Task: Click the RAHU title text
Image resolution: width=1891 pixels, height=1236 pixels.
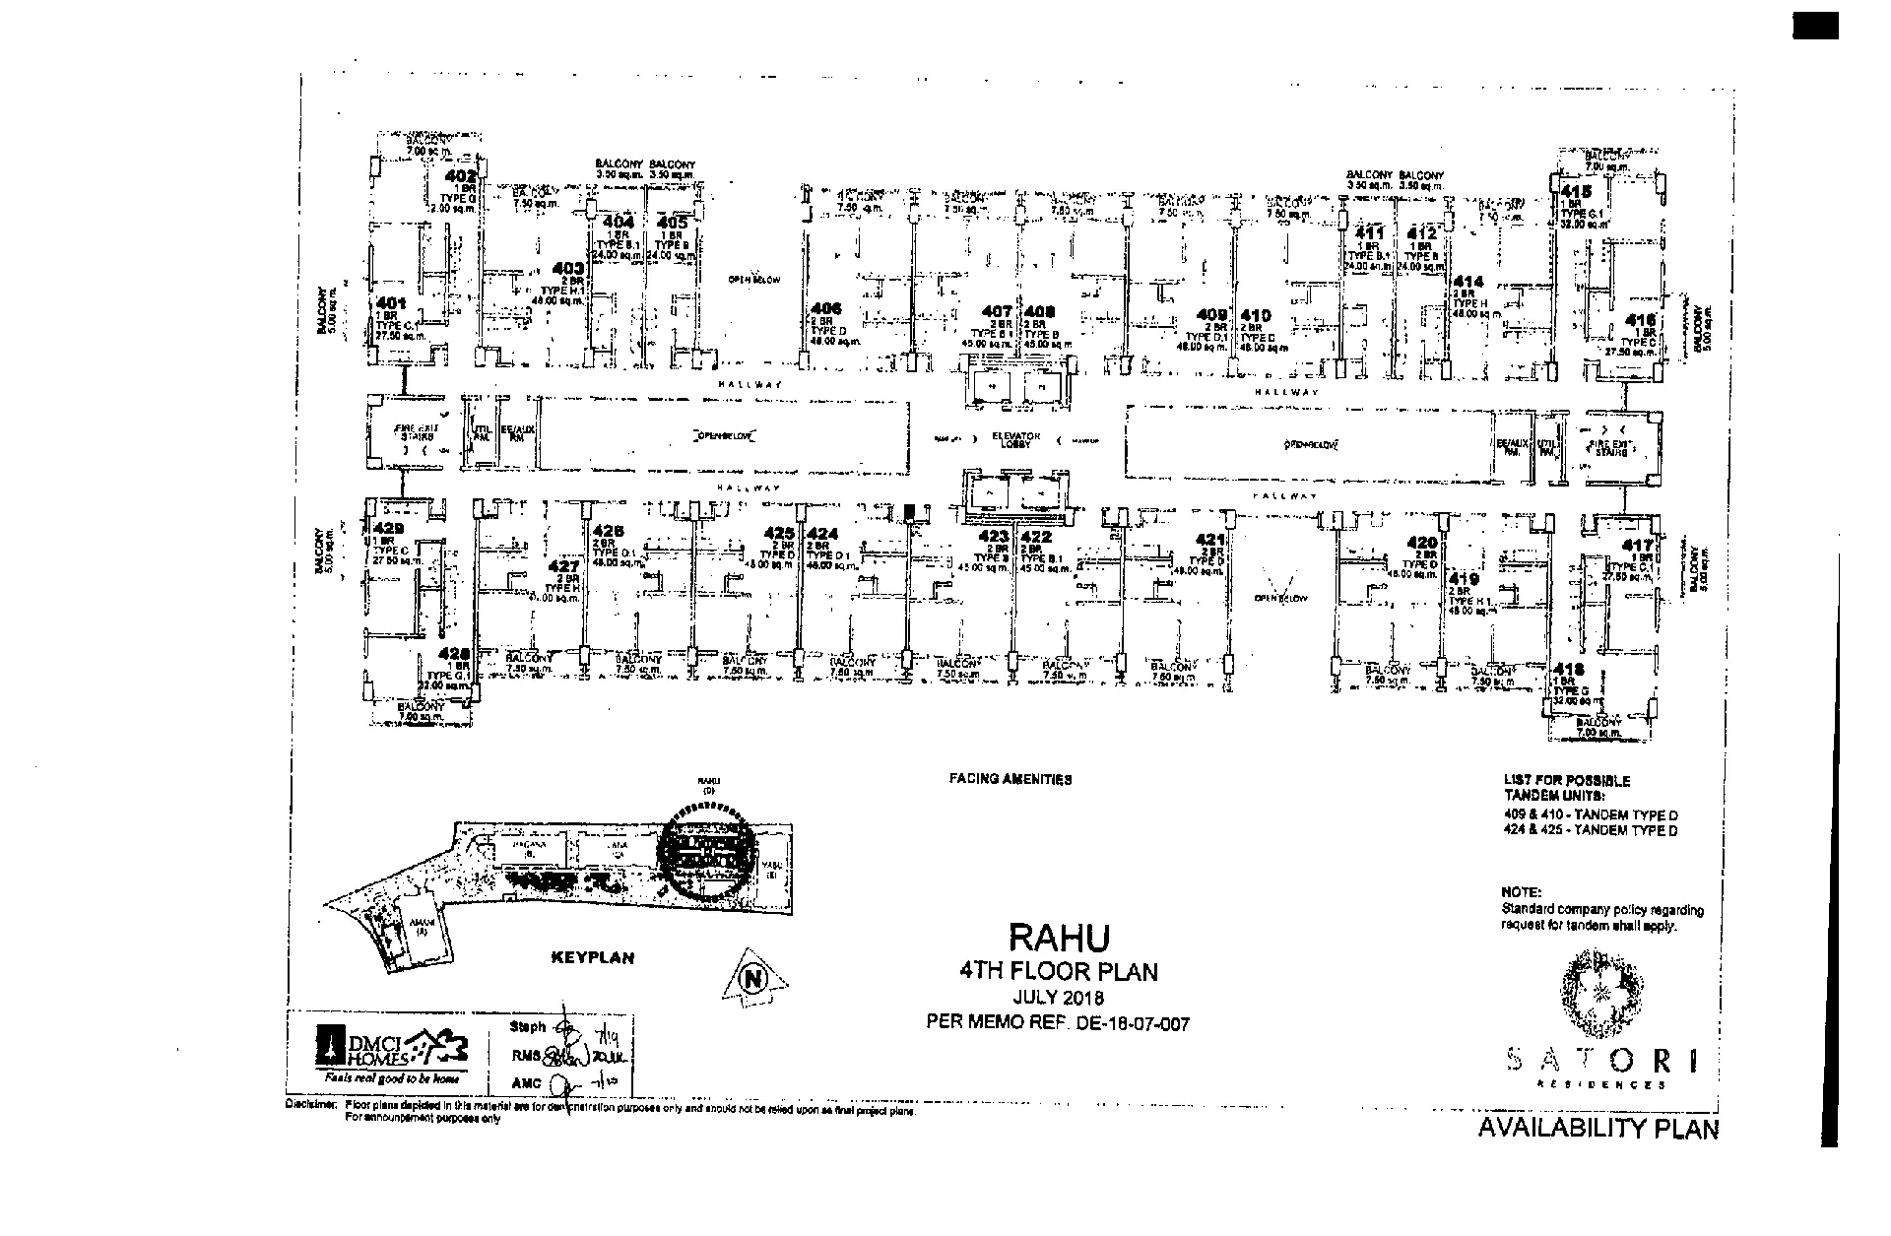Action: click(x=1059, y=937)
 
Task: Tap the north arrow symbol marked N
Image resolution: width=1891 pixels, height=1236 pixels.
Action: click(x=754, y=979)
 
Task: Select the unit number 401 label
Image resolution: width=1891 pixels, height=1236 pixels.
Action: click(x=391, y=303)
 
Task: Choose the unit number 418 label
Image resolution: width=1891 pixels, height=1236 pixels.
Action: click(x=1570, y=670)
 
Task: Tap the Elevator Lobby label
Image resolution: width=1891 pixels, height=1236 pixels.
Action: click(x=1016, y=439)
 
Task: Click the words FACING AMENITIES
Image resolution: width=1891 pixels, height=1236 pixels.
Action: click(x=1010, y=779)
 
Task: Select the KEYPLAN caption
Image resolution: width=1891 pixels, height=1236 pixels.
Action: click(x=592, y=957)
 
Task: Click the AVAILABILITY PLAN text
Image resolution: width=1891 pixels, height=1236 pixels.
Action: click(x=1598, y=1129)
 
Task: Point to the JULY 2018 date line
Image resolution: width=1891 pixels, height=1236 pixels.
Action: click(x=1059, y=998)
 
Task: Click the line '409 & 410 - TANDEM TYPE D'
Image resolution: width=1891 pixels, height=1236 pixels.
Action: click(x=1590, y=815)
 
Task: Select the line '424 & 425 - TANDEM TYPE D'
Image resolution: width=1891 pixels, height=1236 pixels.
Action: click(x=1590, y=830)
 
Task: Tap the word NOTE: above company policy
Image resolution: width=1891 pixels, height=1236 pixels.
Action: click(x=1521, y=891)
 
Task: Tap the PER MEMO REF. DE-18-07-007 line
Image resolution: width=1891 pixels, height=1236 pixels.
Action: click(x=1058, y=1023)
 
